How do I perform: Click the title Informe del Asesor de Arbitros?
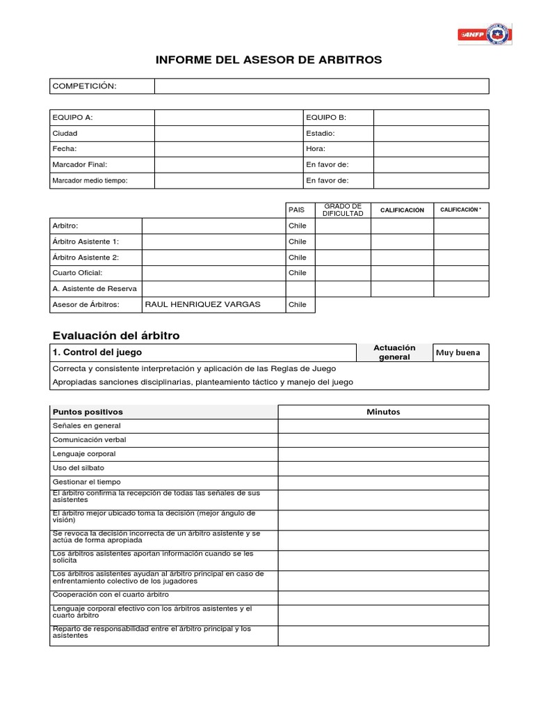point(268,60)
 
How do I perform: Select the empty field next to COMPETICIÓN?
point(321,86)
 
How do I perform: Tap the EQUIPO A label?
point(72,118)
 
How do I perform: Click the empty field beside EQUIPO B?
point(430,118)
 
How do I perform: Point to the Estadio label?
point(321,133)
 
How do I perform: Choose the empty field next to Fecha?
point(228,149)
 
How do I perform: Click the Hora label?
point(316,149)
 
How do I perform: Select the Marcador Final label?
point(80,164)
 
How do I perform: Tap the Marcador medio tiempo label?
point(90,180)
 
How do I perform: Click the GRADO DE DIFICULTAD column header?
point(343,210)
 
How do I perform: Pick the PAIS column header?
point(297,210)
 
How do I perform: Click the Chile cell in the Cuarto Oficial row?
point(298,273)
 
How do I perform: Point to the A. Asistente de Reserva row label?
point(95,288)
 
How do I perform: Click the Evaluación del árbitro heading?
point(116,336)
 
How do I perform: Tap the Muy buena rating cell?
point(458,352)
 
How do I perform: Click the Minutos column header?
point(383,412)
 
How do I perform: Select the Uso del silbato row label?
point(79,468)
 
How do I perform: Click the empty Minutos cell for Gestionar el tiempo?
point(383,482)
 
